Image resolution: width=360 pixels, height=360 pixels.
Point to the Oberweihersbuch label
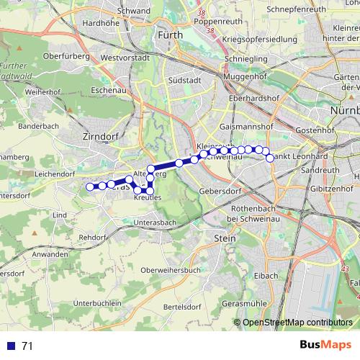pos(170,269)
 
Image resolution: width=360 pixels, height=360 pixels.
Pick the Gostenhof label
pos(312,131)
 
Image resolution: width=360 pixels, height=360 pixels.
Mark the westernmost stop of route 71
pos(90,187)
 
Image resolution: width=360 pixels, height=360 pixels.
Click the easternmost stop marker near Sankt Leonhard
pos(271,158)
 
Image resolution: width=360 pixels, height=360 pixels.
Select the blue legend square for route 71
pos(9,346)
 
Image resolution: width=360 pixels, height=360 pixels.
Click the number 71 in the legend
pos(27,346)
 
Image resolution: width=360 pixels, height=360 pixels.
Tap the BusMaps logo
pos(324,345)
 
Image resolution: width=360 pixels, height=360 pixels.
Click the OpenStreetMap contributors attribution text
pos(297,323)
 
